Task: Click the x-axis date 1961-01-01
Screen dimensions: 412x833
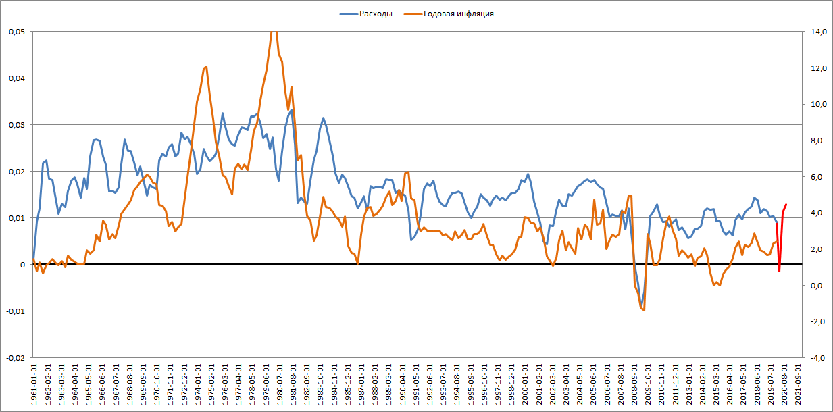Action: [34, 386]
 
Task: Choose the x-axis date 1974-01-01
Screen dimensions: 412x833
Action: [199, 386]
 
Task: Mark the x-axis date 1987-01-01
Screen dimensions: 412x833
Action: [362, 386]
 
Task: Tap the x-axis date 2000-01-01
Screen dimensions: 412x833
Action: [526, 386]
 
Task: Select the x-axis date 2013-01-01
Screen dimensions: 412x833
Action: [690, 386]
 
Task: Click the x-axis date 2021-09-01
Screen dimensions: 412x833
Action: [799, 386]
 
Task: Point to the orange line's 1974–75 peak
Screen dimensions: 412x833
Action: [206, 66]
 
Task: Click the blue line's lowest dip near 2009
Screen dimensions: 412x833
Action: [642, 308]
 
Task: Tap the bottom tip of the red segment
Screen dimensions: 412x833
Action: [779, 272]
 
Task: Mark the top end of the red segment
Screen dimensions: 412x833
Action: [786, 204]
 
